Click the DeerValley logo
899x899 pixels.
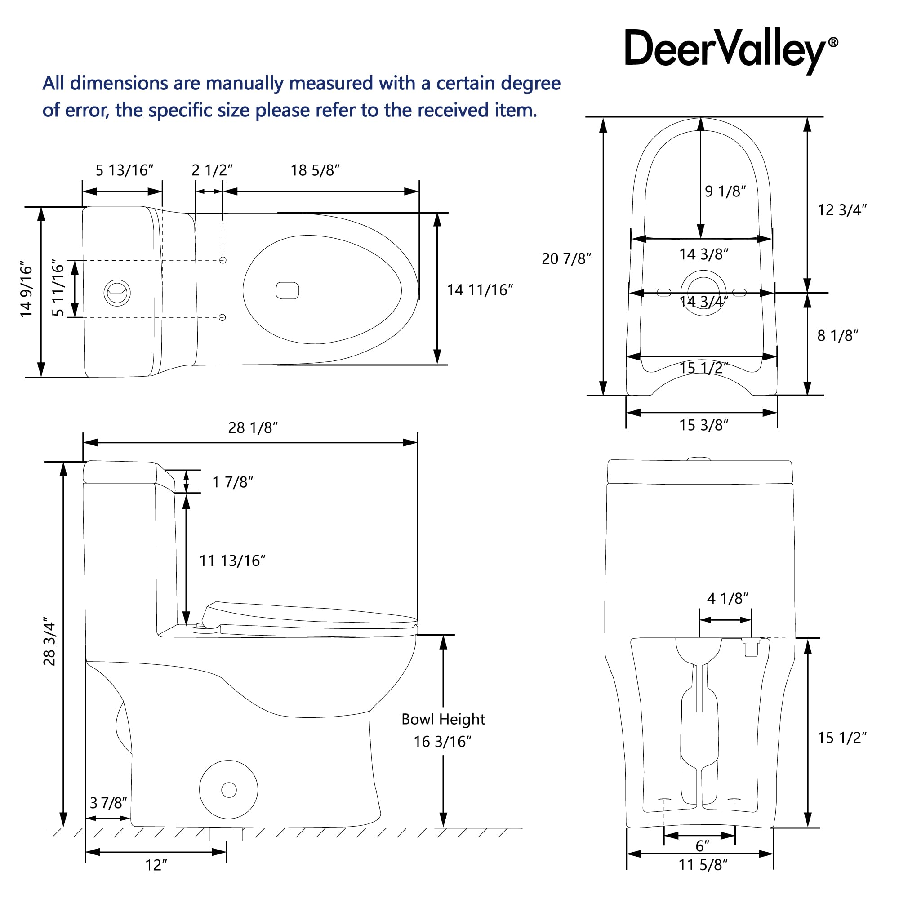pyautogui.click(x=731, y=50)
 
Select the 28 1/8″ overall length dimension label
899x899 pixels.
pyautogui.click(x=253, y=427)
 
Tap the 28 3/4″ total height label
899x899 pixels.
pyautogui.click(x=49, y=642)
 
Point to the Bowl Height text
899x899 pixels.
pyautogui.click(x=443, y=719)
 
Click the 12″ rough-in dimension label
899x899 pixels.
pyautogui.click(x=156, y=865)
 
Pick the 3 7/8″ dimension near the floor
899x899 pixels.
pyautogui.click(x=108, y=803)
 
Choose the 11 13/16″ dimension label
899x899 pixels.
pyautogui.click(x=232, y=561)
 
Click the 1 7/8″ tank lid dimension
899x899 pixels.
pyautogui.click(x=233, y=482)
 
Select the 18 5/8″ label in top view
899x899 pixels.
pyautogui.click(x=315, y=170)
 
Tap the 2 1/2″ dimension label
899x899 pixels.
pyautogui.click(x=212, y=170)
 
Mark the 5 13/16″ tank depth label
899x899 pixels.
pyautogui.click(x=124, y=170)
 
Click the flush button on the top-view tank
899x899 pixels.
pyautogui.click(x=117, y=293)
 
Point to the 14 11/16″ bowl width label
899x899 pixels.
pyautogui.click(x=480, y=290)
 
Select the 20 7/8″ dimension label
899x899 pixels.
pyautogui.click(x=566, y=259)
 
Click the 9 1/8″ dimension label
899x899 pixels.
pyautogui.click(x=725, y=191)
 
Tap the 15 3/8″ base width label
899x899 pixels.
pyautogui.click(x=703, y=425)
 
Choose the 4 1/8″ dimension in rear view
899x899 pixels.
pyautogui.click(x=728, y=598)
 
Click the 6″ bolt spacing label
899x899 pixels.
pyautogui.click(x=702, y=846)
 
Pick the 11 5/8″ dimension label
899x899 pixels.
pyautogui.click(x=703, y=865)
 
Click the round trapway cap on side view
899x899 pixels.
pyautogui.click(x=228, y=790)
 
